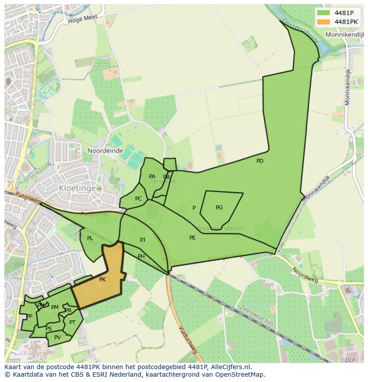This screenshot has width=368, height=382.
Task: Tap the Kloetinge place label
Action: point(77,188)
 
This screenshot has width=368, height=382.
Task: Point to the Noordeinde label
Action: point(105,151)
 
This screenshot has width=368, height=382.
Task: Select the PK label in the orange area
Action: point(102,280)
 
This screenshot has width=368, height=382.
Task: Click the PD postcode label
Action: point(260,161)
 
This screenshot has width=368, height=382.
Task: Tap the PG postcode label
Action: point(219,208)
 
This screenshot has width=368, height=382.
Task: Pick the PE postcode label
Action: point(192,238)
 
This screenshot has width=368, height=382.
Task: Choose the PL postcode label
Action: point(90,238)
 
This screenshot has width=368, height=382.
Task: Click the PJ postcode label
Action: point(143,240)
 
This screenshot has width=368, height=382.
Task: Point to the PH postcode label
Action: point(141,256)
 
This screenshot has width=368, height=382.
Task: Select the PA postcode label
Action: point(152,177)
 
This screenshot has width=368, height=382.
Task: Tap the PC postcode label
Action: point(138,199)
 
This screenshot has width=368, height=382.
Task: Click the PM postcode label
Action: point(55,307)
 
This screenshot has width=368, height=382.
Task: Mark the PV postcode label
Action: point(57,338)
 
